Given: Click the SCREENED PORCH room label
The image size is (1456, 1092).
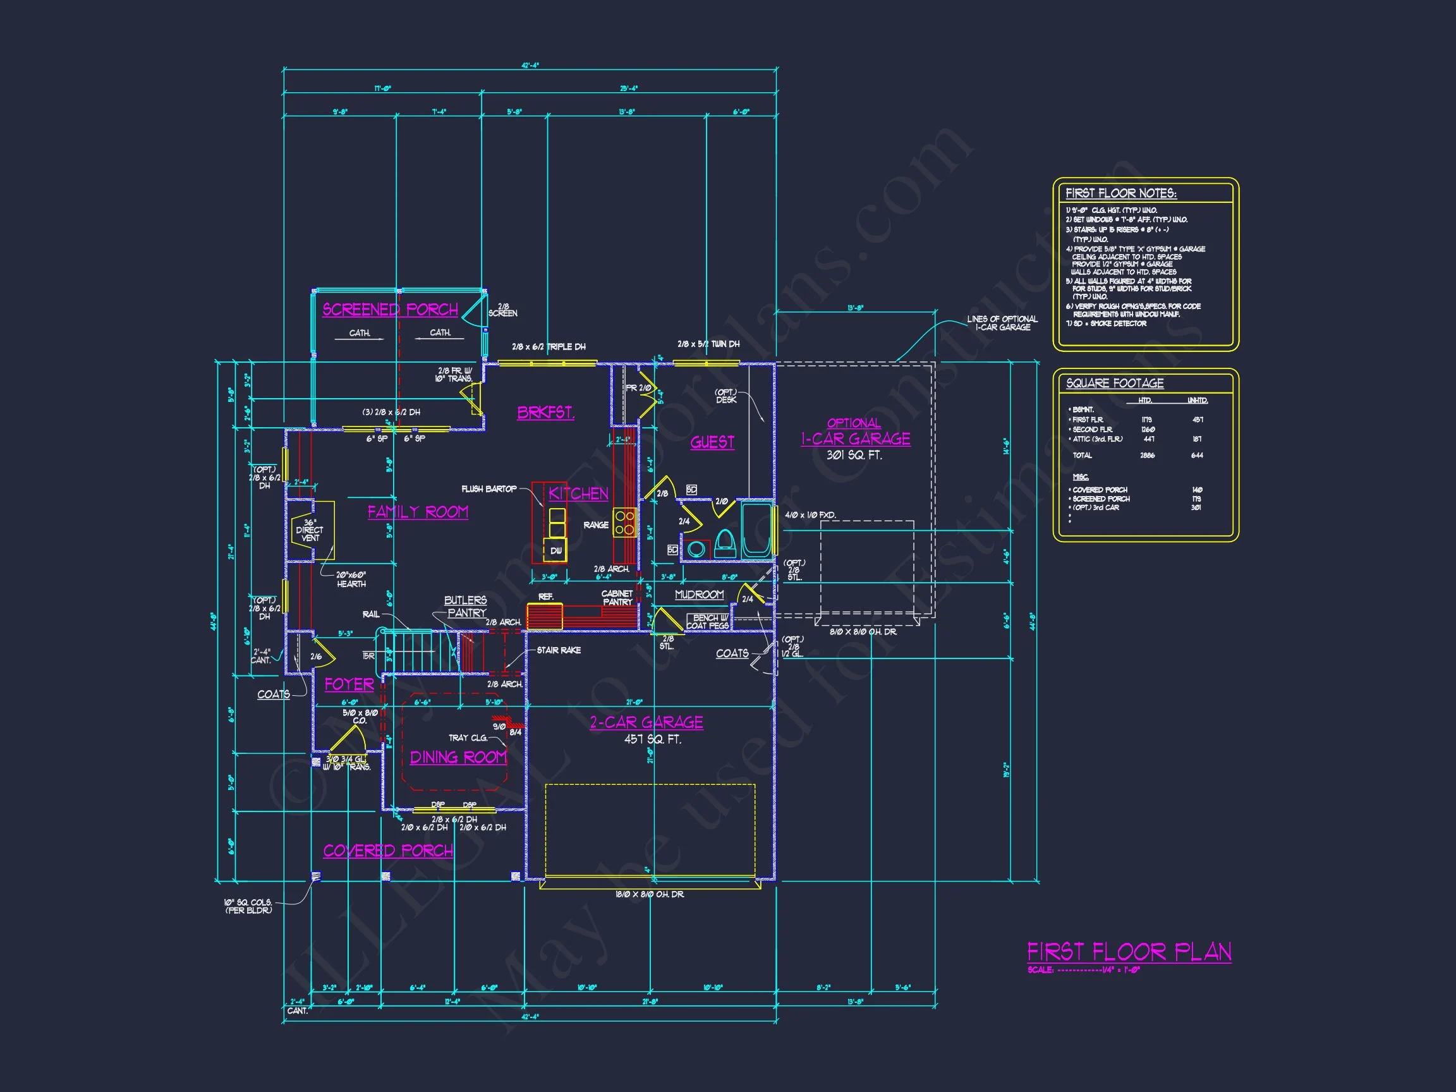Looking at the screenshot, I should (x=390, y=310).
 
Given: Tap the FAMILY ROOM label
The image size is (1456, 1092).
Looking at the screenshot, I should (x=418, y=511).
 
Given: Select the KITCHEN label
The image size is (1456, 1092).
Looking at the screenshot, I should (x=578, y=494).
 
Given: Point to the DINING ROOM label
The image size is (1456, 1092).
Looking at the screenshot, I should (x=458, y=757).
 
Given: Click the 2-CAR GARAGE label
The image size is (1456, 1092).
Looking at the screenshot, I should (x=646, y=722).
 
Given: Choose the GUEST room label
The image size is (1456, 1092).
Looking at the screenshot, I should (x=712, y=442).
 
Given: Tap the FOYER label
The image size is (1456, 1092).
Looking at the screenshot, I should (x=349, y=684).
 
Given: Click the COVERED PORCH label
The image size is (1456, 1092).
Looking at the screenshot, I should (x=387, y=851).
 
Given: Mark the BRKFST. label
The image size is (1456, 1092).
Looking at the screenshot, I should (x=545, y=413).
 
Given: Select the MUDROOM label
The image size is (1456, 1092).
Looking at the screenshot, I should (x=699, y=595).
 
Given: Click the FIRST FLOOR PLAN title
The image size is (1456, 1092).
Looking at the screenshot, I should (x=1129, y=952).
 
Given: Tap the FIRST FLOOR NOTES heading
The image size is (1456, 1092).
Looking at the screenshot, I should (x=1120, y=193).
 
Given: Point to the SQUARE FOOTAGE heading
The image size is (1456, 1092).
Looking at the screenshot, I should (x=1114, y=383).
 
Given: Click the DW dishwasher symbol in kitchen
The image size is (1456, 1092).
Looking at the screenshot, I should (x=555, y=550).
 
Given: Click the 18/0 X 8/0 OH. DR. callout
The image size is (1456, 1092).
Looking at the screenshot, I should (x=649, y=895).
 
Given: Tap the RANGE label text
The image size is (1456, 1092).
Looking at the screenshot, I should (x=596, y=525).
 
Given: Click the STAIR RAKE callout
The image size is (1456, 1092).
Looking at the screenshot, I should (x=558, y=650).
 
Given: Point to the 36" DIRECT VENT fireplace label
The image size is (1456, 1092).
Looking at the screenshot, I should (x=310, y=530).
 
